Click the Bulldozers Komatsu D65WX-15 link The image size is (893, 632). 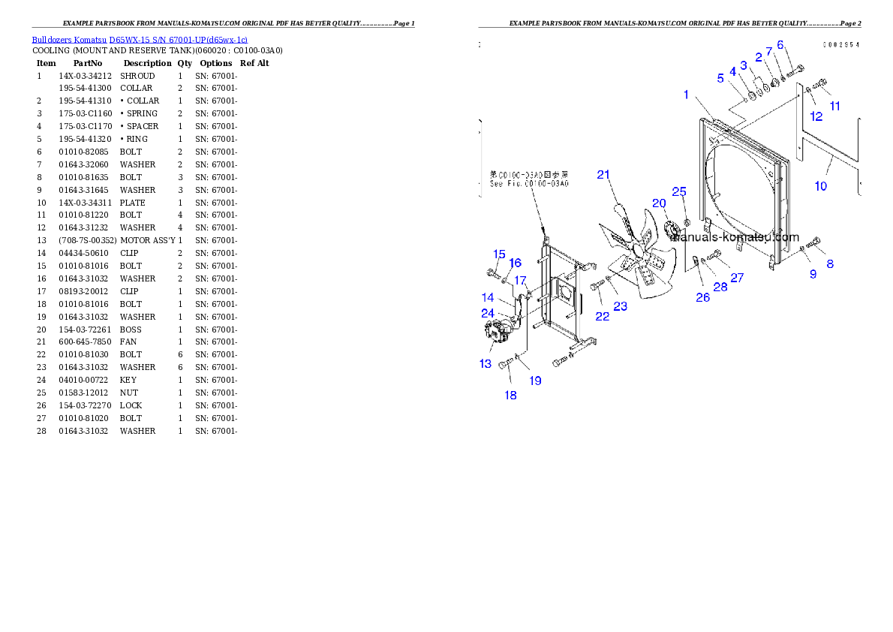click(140, 39)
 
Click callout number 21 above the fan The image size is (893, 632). click(604, 175)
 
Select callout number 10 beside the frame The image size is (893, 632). click(821, 185)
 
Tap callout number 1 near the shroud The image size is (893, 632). click(686, 95)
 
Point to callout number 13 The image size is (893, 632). click(486, 364)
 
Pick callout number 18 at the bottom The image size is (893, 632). click(510, 395)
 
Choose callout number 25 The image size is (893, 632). click(679, 192)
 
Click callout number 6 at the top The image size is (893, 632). click(780, 45)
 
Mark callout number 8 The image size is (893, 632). click(830, 263)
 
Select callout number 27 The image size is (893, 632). click(737, 278)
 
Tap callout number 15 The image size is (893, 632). click(499, 254)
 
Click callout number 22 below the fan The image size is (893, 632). click(603, 316)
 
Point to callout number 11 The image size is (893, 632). click(834, 106)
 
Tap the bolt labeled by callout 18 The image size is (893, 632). click(505, 365)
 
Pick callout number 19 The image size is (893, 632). click(535, 381)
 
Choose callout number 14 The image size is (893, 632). click(488, 298)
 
